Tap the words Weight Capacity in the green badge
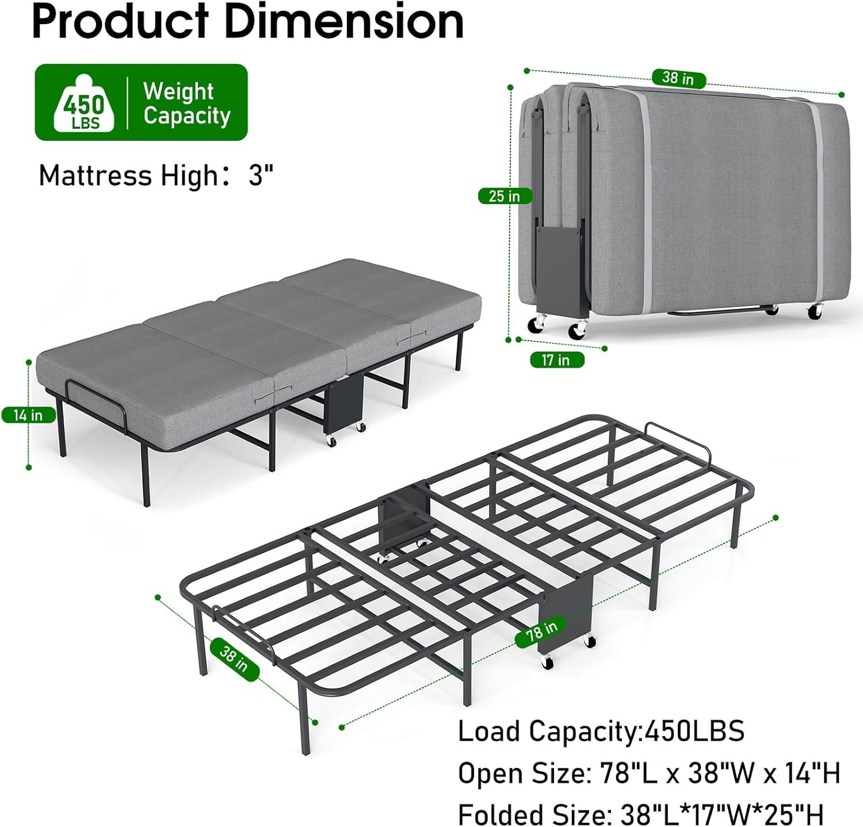pyautogui.click(x=186, y=103)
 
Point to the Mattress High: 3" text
pyautogui.click(x=156, y=175)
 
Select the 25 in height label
pyautogui.click(x=505, y=196)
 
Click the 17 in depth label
pyautogui.click(x=555, y=360)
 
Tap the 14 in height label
pyautogui.click(x=29, y=415)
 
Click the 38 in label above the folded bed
pyautogui.click(x=678, y=78)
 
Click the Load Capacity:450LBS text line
pyautogui.click(x=601, y=731)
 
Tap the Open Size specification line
pyautogui.click(x=649, y=773)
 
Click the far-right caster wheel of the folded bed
pyautogui.click(x=815, y=312)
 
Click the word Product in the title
pyautogui.click(x=120, y=21)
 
